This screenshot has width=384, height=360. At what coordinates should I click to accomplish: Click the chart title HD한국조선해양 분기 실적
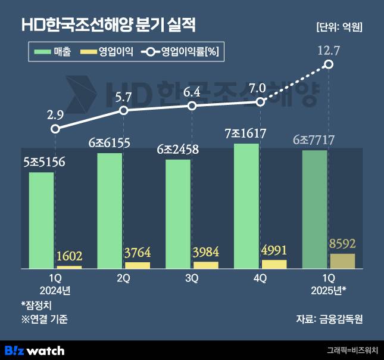pos(108,25)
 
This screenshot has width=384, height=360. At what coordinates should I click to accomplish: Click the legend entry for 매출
pos(54,52)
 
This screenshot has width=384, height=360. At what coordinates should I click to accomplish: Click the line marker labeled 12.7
pos(329,64)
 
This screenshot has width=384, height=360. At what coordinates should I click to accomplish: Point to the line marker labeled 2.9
pos(55,129)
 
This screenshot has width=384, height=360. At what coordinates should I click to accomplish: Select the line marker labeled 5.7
pos(124,110)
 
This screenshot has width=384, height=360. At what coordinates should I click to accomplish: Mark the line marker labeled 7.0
pos(260,102)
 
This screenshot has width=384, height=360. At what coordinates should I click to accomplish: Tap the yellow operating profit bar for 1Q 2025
pos(342,261)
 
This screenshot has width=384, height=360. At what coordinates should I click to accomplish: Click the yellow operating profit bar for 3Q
pos(206,265)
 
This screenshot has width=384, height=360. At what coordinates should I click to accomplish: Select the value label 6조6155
pos(109,143)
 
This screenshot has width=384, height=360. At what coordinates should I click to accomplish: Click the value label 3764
pos(138,253)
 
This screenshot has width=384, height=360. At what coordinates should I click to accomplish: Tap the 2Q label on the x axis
pos(123,278)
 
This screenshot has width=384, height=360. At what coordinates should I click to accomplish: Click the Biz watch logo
pos(35,350)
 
